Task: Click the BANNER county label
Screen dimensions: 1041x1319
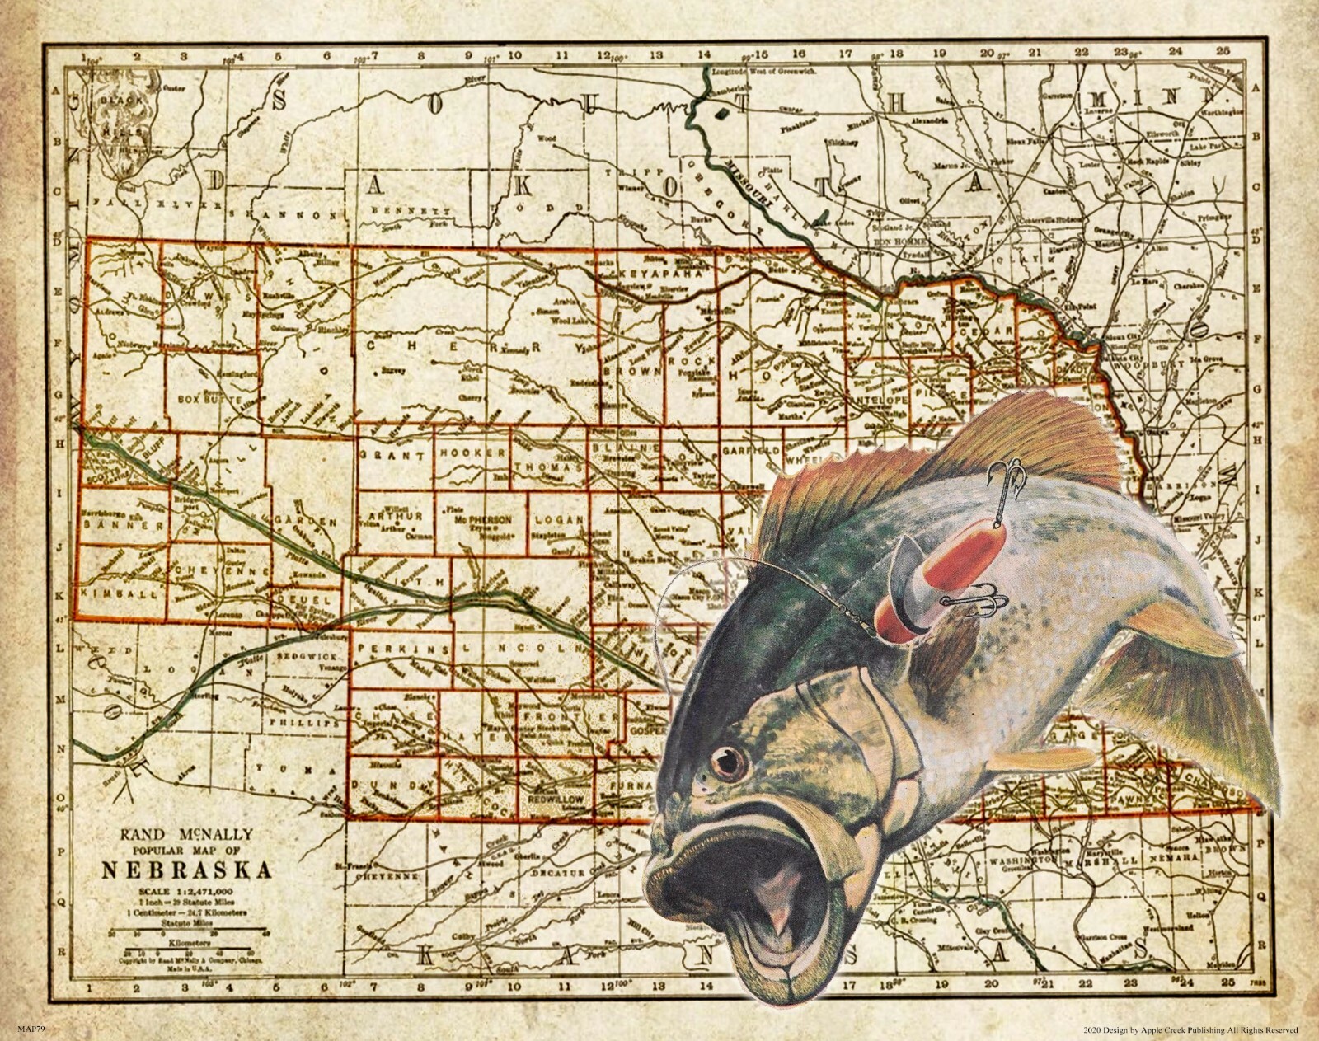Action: (113, 523)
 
